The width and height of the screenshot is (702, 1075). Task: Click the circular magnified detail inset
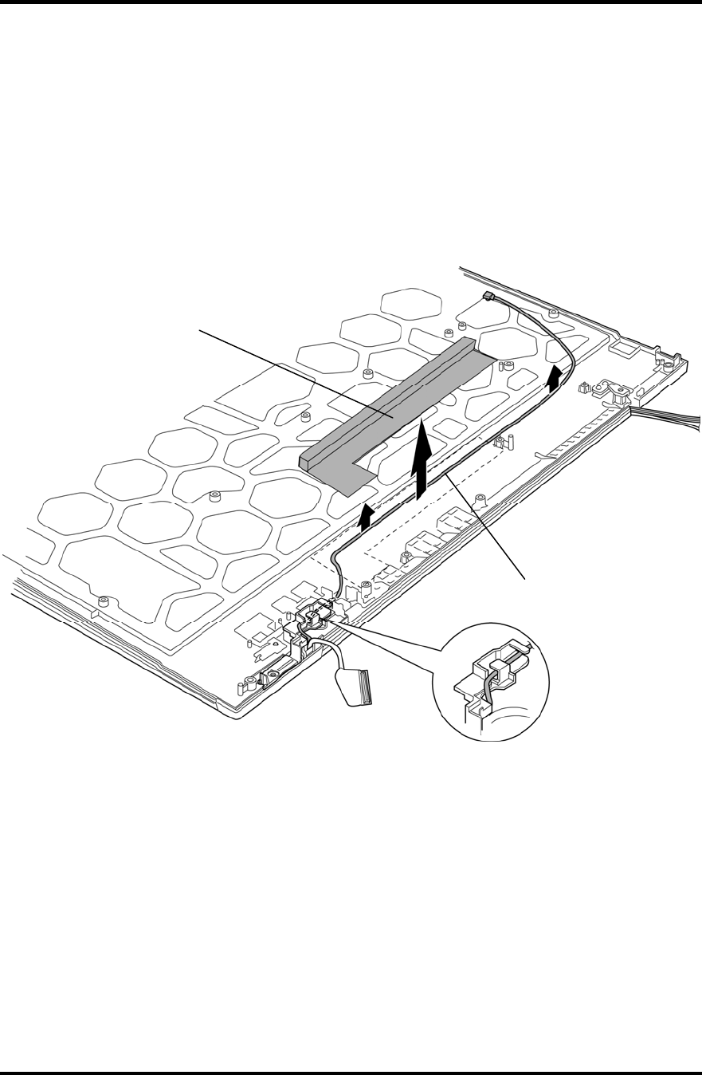tap(491, 682)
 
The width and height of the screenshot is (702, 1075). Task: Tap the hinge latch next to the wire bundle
tap(613, 392)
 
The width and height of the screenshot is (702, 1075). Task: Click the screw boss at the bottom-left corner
tap(249, 683)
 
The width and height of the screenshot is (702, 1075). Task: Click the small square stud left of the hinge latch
tap(584, 388)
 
